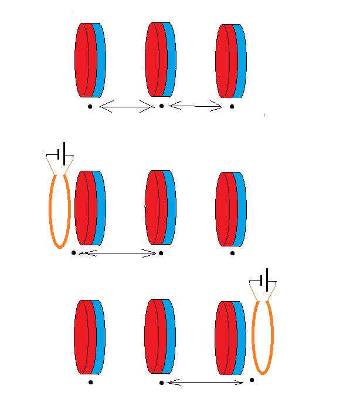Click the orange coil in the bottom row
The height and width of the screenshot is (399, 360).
[271, 337]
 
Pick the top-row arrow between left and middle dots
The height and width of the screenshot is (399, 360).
[126, 106]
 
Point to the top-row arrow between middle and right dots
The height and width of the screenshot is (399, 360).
[195, 106]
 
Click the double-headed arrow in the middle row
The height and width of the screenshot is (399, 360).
[117, 253]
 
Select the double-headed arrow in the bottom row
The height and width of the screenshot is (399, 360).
[205, 383]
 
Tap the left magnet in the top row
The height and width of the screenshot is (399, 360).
[88, 60]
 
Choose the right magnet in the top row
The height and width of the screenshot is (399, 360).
[229, 61]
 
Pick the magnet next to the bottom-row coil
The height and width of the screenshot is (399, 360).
[229, 337]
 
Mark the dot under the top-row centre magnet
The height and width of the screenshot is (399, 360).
[161, 106]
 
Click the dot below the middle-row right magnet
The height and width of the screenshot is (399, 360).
[232, 253]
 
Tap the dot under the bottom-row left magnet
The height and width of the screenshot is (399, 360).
[90, 383]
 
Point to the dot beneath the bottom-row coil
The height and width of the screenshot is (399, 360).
[252, 380]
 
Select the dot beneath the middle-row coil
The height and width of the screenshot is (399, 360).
[73, 253]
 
